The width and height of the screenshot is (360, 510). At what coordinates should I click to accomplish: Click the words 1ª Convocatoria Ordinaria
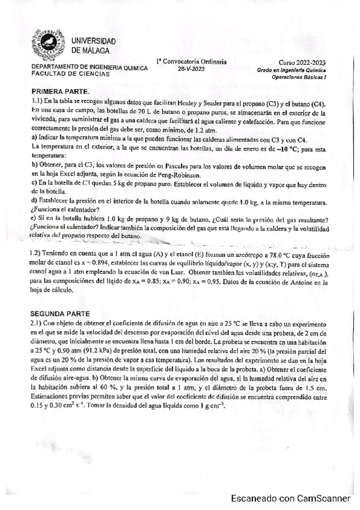pyautogui.click(x=191, y=61)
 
